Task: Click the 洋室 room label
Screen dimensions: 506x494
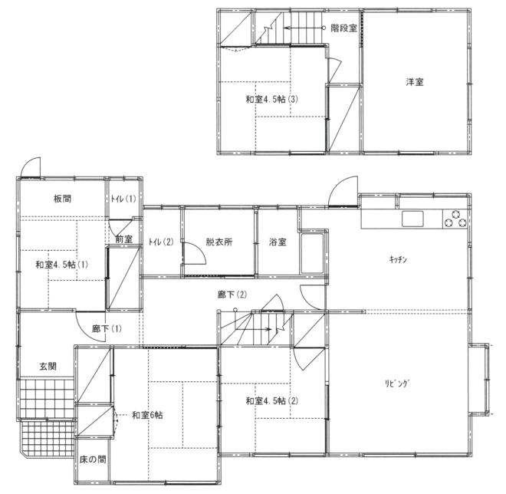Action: point(415,82)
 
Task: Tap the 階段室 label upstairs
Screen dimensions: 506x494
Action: point(344,28)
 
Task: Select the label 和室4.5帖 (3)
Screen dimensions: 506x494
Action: point(272,99)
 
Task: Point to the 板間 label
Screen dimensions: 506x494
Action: point(62,198)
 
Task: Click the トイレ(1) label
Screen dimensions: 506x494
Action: point(123,199)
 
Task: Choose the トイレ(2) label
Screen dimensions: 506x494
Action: point(161,242)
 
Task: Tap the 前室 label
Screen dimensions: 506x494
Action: point(124,239)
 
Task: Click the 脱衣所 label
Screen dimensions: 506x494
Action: point(219,242)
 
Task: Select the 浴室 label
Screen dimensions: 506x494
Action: point(278,242)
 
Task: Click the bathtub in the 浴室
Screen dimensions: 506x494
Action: point(312,253)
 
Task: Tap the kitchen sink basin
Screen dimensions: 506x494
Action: point(412,219)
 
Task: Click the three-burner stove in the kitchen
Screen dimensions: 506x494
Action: point(455,219)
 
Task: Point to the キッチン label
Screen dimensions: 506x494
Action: point(398,259)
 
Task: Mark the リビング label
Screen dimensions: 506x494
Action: point(398,384)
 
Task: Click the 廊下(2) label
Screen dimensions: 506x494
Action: point(232,295)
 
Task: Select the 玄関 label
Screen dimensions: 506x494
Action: point(48,366)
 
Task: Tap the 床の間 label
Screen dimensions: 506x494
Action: point(93,459)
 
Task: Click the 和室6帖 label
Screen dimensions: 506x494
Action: point(147,415)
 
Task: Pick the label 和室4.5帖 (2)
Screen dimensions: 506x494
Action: point(272,401)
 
